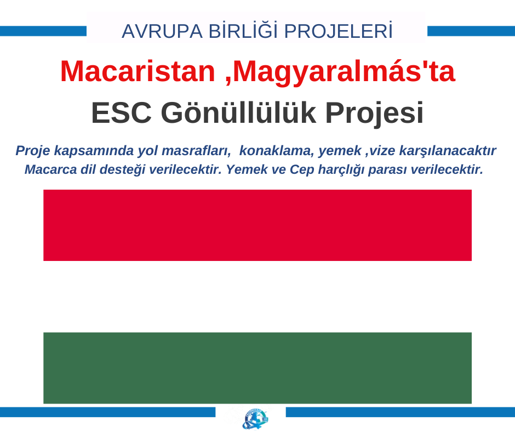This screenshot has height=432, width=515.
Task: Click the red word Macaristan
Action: point(138,71)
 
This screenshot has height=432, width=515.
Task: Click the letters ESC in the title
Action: point(121,113)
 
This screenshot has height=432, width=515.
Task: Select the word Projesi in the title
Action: point(374,113)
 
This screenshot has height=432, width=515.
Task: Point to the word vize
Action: point(382,151)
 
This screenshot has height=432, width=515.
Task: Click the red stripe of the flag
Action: point(257,225)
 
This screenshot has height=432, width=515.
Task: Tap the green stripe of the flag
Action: point(257,368)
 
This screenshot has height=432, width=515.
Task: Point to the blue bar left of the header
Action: point(43,31)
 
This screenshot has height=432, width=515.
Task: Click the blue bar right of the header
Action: point(471,31)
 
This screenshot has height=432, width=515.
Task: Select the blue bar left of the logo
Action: point(108,412)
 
